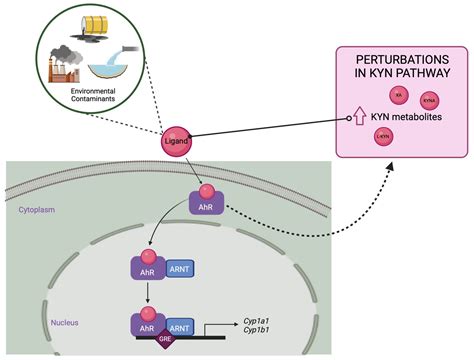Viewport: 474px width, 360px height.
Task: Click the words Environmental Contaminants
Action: click(93, 96)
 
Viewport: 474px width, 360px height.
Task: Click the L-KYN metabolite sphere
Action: click(383, 137)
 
